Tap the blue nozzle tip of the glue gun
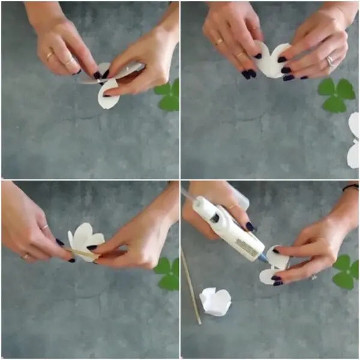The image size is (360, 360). [x=263, y=257]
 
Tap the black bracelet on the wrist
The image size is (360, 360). [x=351, y=188]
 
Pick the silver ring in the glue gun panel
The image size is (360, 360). [x=313, y=276]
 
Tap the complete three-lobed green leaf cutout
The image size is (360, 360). [x=336, y=93]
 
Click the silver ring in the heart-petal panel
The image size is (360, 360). [x=329, y=60]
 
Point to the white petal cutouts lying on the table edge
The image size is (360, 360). [x=353, y=141]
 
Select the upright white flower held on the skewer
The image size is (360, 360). [x=85, y=239]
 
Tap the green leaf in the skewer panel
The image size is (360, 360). [x=169, y=273]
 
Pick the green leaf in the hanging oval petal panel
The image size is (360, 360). [x=169, y=95]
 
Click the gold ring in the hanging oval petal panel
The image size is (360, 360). [x=50, y=56]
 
